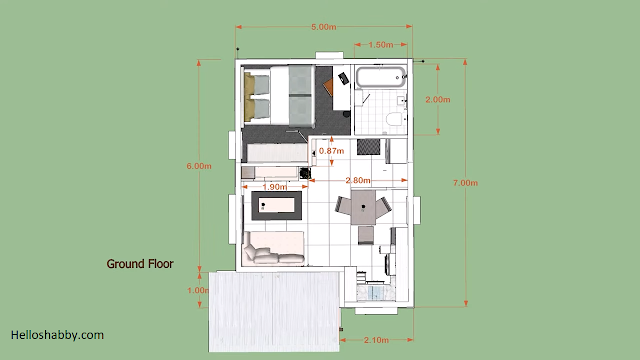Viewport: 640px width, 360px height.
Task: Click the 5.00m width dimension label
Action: [x=324, y=27]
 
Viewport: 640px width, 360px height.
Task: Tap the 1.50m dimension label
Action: [x=380, y=44]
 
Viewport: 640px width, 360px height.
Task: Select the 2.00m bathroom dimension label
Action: [x=438, y=100]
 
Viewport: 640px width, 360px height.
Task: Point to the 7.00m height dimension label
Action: [x=465, y=183]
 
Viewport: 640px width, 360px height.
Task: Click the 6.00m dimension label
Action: [x=199, y=166]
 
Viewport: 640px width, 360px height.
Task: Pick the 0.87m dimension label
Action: [x=331, y=151]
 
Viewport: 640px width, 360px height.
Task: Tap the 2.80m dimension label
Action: [x=358, y=180]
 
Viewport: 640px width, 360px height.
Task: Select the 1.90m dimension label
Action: [x=275, y=187]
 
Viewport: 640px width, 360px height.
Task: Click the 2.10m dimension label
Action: [x=376, y=340]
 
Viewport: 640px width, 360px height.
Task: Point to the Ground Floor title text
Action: [x=140, y=264]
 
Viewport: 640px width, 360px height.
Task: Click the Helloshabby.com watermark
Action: [x=57, y=335]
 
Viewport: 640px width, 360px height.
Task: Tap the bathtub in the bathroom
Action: [x=381, y=77]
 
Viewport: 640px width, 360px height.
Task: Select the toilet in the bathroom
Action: [x=394, y=119]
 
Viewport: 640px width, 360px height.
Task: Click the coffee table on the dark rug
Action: [x=277, y=205]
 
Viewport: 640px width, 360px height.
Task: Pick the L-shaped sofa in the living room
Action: [x=273, y=248]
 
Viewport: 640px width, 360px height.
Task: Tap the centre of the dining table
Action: [x=363, y=207]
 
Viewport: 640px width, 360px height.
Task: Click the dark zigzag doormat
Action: [x=369, y=147]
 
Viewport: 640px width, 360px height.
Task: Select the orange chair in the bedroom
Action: [x=328, y=87]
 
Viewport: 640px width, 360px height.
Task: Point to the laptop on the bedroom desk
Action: [x=343, y=78]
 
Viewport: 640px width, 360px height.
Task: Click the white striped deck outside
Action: [x=274, y=311]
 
